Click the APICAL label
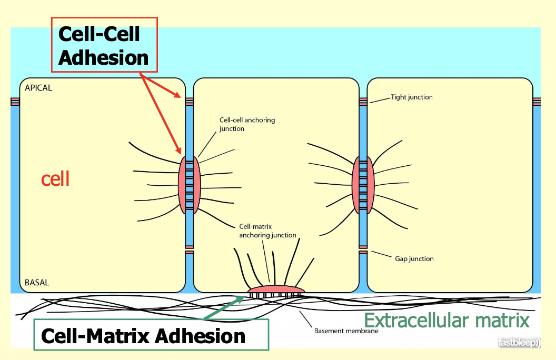tap(38, 88)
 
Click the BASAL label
tap(37, 283)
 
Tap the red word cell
tap(55, 179)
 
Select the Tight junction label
tap(411, 97)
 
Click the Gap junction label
tap(414, 259)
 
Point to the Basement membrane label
tap(346, 331)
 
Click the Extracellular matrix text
tap(446, 320)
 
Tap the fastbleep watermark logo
tap(519, 343)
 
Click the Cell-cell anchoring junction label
tap(246, 124)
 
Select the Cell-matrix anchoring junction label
tap(267, 231)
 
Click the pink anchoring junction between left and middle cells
tap(190, 185)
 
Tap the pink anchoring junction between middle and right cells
tap(363, 185)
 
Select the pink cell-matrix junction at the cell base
tap(276, 289)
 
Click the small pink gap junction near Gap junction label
tap(363, 253)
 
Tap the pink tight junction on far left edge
tap(14, 102)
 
